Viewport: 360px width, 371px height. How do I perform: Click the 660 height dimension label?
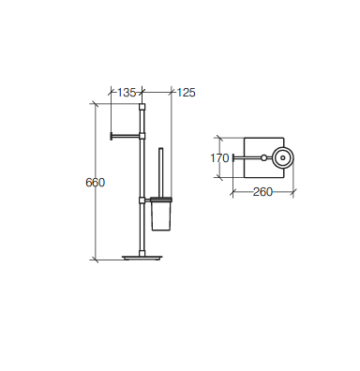point(95,183)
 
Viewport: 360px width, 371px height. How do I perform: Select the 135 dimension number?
point(127,93)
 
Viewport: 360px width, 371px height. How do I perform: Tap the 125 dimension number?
point(186,93)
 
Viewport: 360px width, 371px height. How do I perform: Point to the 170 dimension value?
point(219,158)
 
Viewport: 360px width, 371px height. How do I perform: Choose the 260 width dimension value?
point(262,192)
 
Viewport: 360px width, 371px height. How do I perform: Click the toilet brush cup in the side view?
point(161,215)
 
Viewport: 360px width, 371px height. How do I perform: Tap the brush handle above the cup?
point(161,171)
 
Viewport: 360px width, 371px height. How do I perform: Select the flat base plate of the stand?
point(142,258)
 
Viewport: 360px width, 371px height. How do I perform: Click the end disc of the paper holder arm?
point(111,136)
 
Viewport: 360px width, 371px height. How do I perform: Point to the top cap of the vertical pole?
point(142,107)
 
